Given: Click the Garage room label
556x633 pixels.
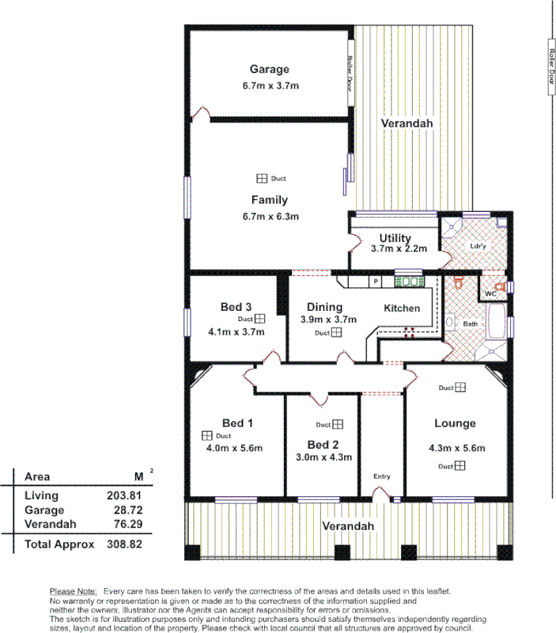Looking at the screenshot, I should coord(269,69).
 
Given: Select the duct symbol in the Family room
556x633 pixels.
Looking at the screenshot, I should coord(261,178).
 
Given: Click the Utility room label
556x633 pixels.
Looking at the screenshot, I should coord(395,238).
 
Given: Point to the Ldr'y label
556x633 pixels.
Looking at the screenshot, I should coord(477,245).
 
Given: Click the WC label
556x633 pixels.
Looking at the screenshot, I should coord(490,294).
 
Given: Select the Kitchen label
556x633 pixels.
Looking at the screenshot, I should coord(402,308).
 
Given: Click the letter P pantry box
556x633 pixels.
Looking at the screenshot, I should coord(376,282).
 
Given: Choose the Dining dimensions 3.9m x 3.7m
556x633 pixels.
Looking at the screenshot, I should coord(328,320).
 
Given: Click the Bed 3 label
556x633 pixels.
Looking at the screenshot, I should coord(236,307).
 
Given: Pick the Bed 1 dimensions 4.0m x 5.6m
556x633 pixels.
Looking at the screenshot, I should coord(235,448).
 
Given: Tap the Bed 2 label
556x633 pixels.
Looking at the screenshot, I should coord(323,444).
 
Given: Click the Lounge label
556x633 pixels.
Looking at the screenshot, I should coord(456,423).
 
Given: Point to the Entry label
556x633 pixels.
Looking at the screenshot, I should coord(381,476).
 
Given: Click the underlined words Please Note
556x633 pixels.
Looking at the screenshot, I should coord(73,591).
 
